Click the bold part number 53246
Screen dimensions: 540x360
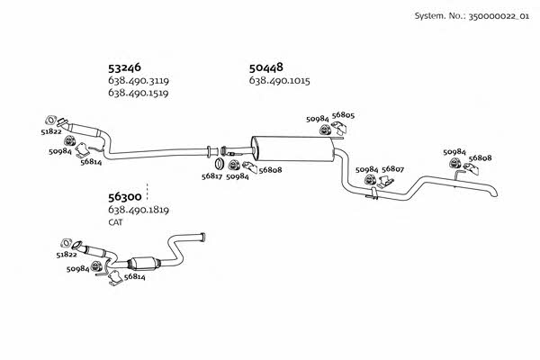click(x=124, y=67)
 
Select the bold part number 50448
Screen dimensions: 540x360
click(x=265, y=67)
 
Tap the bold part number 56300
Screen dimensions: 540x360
click(x=125, y=197)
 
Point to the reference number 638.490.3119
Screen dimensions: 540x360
click(x=139, y=81)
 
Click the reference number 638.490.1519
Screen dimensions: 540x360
click(x=139, y=93)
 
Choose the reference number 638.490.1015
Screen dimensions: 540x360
click(x=279, y=81)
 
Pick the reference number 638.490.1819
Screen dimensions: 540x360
click(x=139, y=210)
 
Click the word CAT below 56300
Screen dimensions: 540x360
click(x=115, y=222)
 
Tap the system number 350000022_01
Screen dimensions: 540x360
click(x=499, y=16)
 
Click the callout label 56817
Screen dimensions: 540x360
click(x=211, y=176)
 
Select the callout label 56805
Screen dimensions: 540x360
click(x=343, y=115)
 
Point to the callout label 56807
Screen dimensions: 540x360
click(x=392, y=169)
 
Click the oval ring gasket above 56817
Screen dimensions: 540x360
click(x=219, y=164)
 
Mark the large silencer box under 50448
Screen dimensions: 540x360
click(x=292, y=148)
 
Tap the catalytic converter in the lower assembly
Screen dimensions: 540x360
click(x=145, y=264)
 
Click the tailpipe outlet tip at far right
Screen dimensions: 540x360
click(x=495, y=193)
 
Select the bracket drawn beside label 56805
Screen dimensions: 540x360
click(x=339, y=128)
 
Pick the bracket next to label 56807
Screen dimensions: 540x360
click(x=386, y=182)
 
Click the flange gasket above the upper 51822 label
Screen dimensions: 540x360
click(x=50, y=120)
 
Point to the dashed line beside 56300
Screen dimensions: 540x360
click(x=147, y=192)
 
